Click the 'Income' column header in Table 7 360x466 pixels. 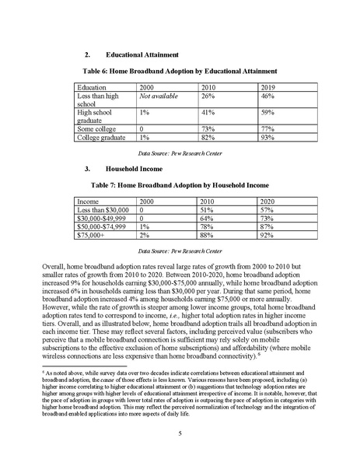click(82, 201)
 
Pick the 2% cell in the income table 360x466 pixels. click(144, 234)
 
